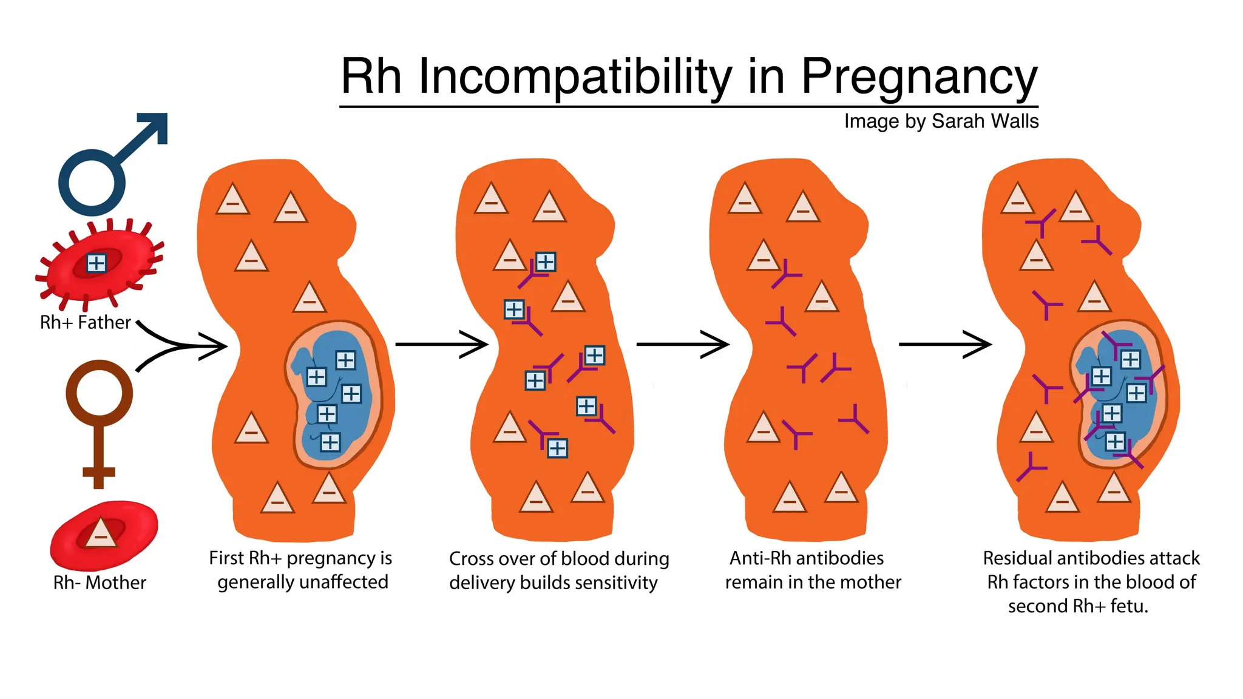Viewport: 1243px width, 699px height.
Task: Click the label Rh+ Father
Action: [85, 322]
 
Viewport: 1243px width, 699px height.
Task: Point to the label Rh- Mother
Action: [100, 582]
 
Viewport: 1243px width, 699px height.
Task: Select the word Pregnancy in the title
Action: [919, 78]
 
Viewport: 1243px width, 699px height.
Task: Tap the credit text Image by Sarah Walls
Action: [941, 121]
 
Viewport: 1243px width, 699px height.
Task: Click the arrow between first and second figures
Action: [441, 344]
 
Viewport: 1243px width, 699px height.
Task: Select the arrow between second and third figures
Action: [682, 344]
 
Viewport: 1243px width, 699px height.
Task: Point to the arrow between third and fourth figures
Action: [944, 344]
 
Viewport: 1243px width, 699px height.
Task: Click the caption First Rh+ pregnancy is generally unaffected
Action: [301, 570]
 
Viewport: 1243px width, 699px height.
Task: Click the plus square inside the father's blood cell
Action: [97, 263]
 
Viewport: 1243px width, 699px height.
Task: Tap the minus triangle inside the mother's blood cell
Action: [101, 534]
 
